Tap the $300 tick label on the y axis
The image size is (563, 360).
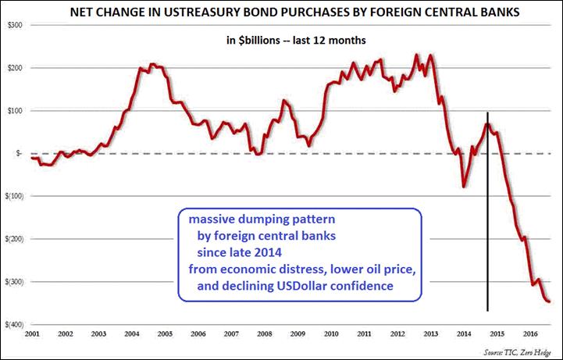tap(13, 26)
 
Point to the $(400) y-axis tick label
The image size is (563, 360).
tap(15, 324)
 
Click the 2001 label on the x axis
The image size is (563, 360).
tap(33, 333)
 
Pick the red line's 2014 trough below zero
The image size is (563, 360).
tap(464, 187)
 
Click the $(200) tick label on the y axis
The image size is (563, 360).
tap(15, 239)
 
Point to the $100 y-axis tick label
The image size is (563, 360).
tap(13, 111)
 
